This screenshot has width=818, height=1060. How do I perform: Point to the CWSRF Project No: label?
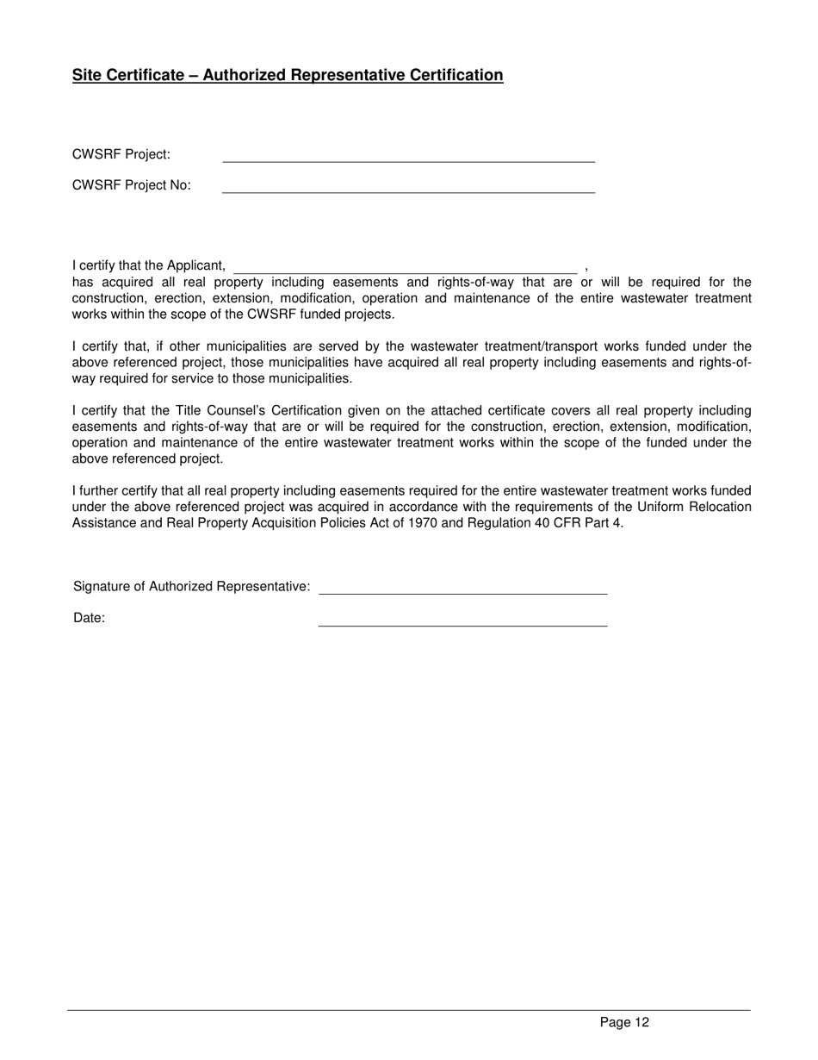(x=132, y=185)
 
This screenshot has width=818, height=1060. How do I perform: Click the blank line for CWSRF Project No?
(x=408, y=190)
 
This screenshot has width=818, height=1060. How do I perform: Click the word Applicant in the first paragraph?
(x=196, y=265)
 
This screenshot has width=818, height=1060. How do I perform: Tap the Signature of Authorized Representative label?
(x=192, y=587)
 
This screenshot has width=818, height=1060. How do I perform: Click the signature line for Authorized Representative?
(x=462, y=592)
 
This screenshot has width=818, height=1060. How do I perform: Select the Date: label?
(x=90, y=618)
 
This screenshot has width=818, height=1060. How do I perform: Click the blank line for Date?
(x=462, y=623)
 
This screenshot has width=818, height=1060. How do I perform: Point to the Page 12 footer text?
(x=624, y=1023)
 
